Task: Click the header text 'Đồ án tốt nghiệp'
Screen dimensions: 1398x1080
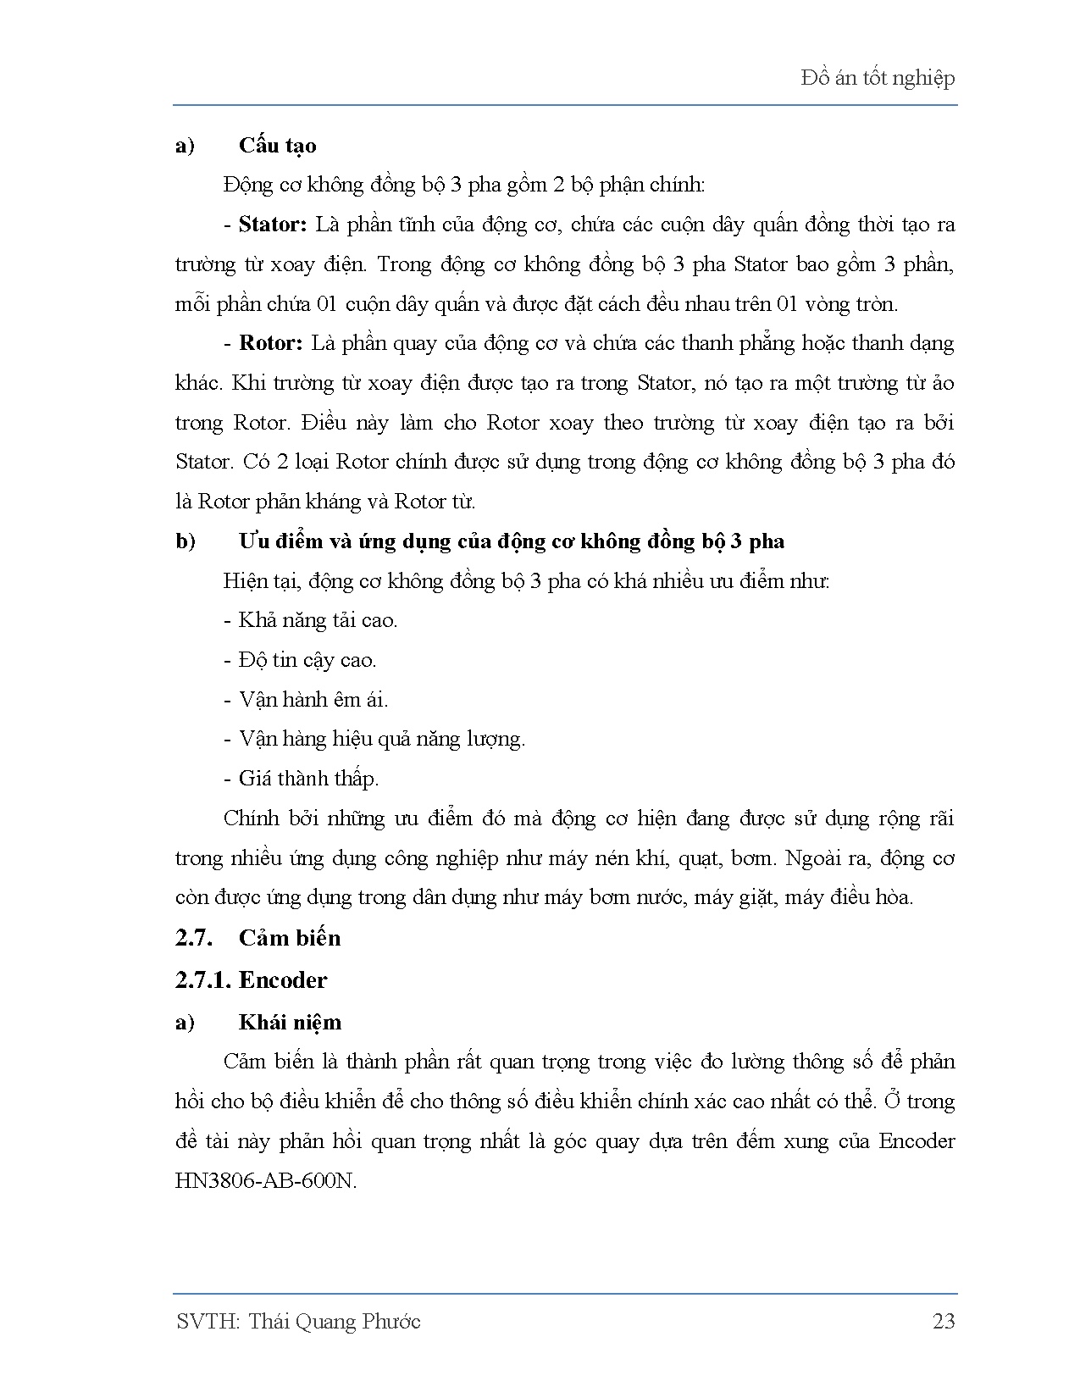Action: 878,78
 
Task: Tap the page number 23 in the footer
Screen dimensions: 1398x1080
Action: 943,1321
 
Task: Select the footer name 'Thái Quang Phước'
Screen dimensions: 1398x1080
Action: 335,1321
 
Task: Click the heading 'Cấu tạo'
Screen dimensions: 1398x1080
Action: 277,146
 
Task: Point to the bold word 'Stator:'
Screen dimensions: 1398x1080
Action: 272,225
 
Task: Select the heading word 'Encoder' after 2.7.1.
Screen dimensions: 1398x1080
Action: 283,979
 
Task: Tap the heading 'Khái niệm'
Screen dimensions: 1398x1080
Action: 290,1022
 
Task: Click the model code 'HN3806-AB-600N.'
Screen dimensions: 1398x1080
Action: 266,1180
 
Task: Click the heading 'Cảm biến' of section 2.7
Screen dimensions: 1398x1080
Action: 290,938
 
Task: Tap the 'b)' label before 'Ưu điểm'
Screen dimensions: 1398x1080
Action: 186,541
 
